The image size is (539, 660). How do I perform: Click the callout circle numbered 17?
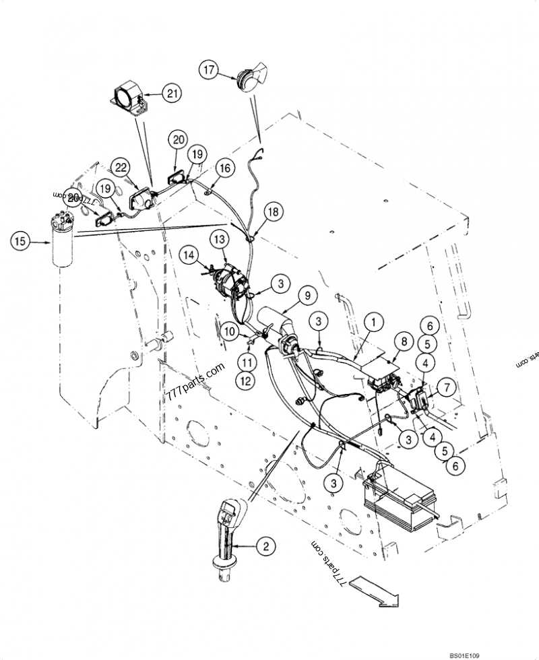209,69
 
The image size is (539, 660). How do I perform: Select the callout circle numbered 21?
173,94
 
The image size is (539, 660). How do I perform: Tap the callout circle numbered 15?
21,240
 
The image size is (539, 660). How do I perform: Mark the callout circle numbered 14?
189,255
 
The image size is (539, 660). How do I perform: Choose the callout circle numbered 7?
447,387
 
